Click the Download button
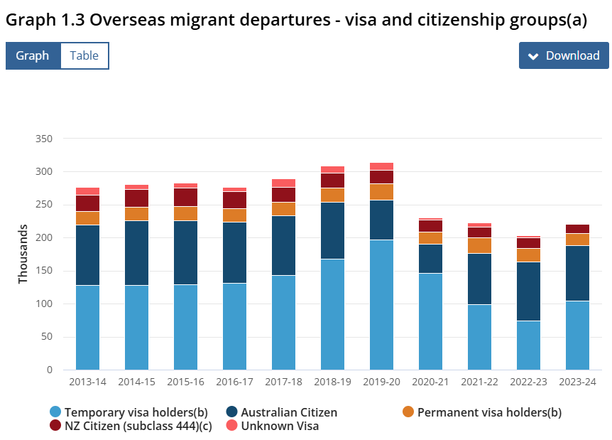(564, 55)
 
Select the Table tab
(84, 55)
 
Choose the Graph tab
(33, 55)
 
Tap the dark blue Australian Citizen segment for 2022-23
(528, 291)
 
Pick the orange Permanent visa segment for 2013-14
(87, 218)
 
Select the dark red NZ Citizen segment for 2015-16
(185, 197)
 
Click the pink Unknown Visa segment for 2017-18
(284, 183)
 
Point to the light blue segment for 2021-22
(480, 337)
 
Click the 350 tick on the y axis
(43, 139)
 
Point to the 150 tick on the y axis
(43, 271)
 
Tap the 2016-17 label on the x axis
(235, 382)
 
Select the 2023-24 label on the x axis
(578, 382)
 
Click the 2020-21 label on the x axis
(431, 382)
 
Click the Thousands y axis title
(23, 254)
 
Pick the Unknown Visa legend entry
(280, 426)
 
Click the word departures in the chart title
(293, 20)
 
